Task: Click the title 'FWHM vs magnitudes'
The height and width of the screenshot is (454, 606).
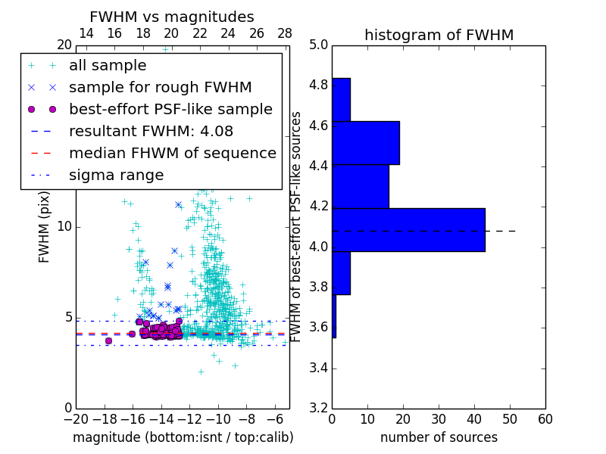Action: [x=172, y=17]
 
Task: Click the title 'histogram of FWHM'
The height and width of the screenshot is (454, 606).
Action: [x=439, y=35]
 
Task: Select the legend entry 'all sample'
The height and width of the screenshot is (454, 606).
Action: [x=108, y=66]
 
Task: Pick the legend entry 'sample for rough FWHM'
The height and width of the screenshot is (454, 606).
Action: [x=160, y=87]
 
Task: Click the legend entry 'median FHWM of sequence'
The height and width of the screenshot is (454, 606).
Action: [x=172, y=153]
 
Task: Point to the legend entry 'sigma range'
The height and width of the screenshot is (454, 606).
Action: [x=116, y=175]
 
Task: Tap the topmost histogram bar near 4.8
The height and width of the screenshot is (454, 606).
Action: [x=341, y=99]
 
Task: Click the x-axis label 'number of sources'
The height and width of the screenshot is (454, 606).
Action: [x=439, y=437]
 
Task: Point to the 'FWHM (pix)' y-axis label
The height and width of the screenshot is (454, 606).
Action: [x=45, y=226]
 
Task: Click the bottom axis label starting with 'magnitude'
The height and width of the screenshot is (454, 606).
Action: [x=183, y=437]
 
